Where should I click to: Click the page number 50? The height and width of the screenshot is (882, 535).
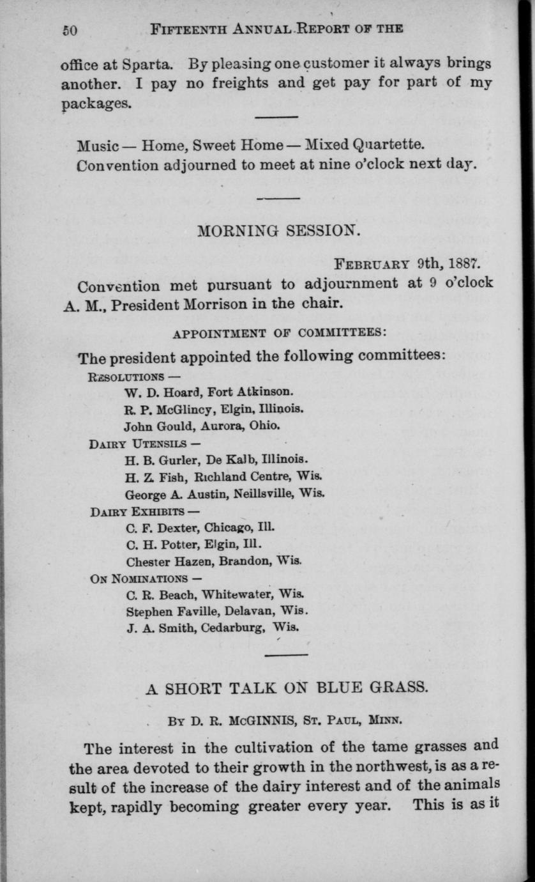[69, 29]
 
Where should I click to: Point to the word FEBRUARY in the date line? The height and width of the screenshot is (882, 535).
[373, 263]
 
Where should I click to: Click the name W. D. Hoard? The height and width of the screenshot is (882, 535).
[158, 391]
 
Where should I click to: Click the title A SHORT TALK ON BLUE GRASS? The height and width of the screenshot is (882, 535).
[286, 688]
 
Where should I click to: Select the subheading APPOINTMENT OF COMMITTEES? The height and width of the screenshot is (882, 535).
[280, 333]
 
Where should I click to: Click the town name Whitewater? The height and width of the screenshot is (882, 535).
[229, 595]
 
